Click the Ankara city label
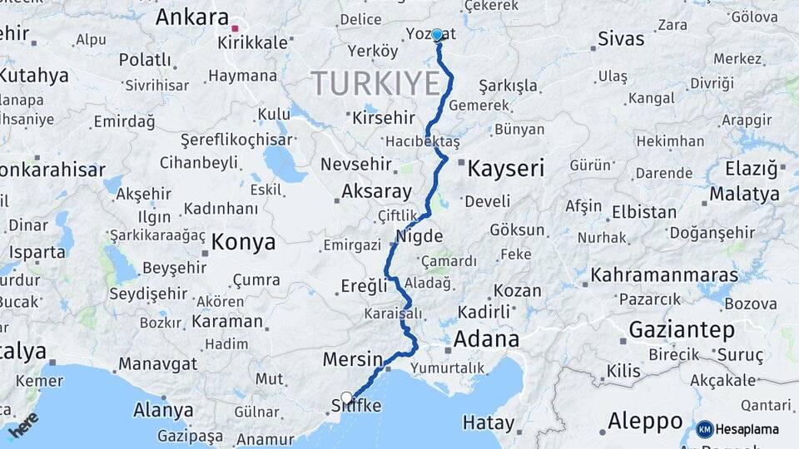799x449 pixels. (x=191, y=17)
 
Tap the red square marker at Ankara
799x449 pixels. (x=236, y=29)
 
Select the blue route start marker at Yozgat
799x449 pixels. (x=437, y=36)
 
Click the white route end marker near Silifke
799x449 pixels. (x=346, y=397)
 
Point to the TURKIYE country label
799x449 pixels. (x=375, y=84)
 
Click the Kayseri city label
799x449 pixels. (x=506, y=169)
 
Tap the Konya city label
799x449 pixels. (x=243, y=242)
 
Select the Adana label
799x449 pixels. (x=486, y=338)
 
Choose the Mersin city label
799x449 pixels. (x=351, y=360)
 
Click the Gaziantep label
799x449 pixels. (x=682, y=329)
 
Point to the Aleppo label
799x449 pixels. (x=645, y=420)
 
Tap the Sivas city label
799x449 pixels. (x=621, y=38)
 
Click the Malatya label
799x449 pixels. (x=745, y=195)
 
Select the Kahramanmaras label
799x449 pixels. (x=664, y=274)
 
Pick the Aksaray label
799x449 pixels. (x=376, y=192)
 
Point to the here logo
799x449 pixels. (x=23, y=425)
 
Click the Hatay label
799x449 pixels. (x=489, y=422)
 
